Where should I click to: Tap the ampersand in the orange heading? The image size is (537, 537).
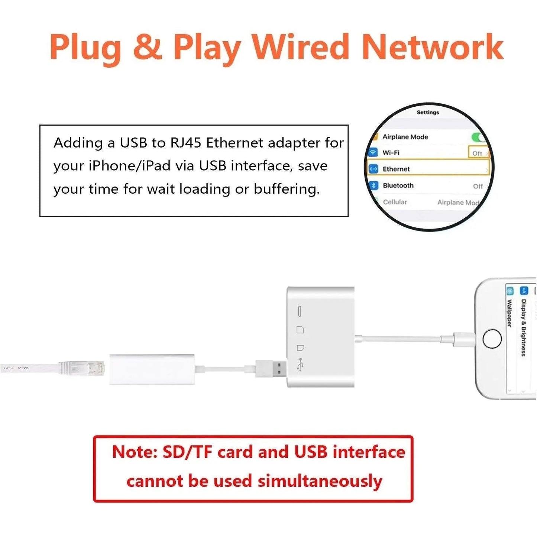point(148,48)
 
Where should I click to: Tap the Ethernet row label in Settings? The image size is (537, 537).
point(396,169)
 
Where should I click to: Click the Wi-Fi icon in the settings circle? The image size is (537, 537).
point(373,152)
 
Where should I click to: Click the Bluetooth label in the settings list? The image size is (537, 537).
point(398,185)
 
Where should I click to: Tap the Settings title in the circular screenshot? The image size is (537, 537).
point(428,112)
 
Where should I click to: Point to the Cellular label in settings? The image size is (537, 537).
point(395,202)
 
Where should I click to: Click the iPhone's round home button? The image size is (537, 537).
point(492,339)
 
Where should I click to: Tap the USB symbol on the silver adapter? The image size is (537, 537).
point(301,365)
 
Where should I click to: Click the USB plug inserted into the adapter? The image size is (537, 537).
point(271,368)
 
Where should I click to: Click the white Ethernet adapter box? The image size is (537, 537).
point(152,369)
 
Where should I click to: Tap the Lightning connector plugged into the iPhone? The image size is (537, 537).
point(463,339)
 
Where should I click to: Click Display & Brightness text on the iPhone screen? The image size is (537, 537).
point(524,327)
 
